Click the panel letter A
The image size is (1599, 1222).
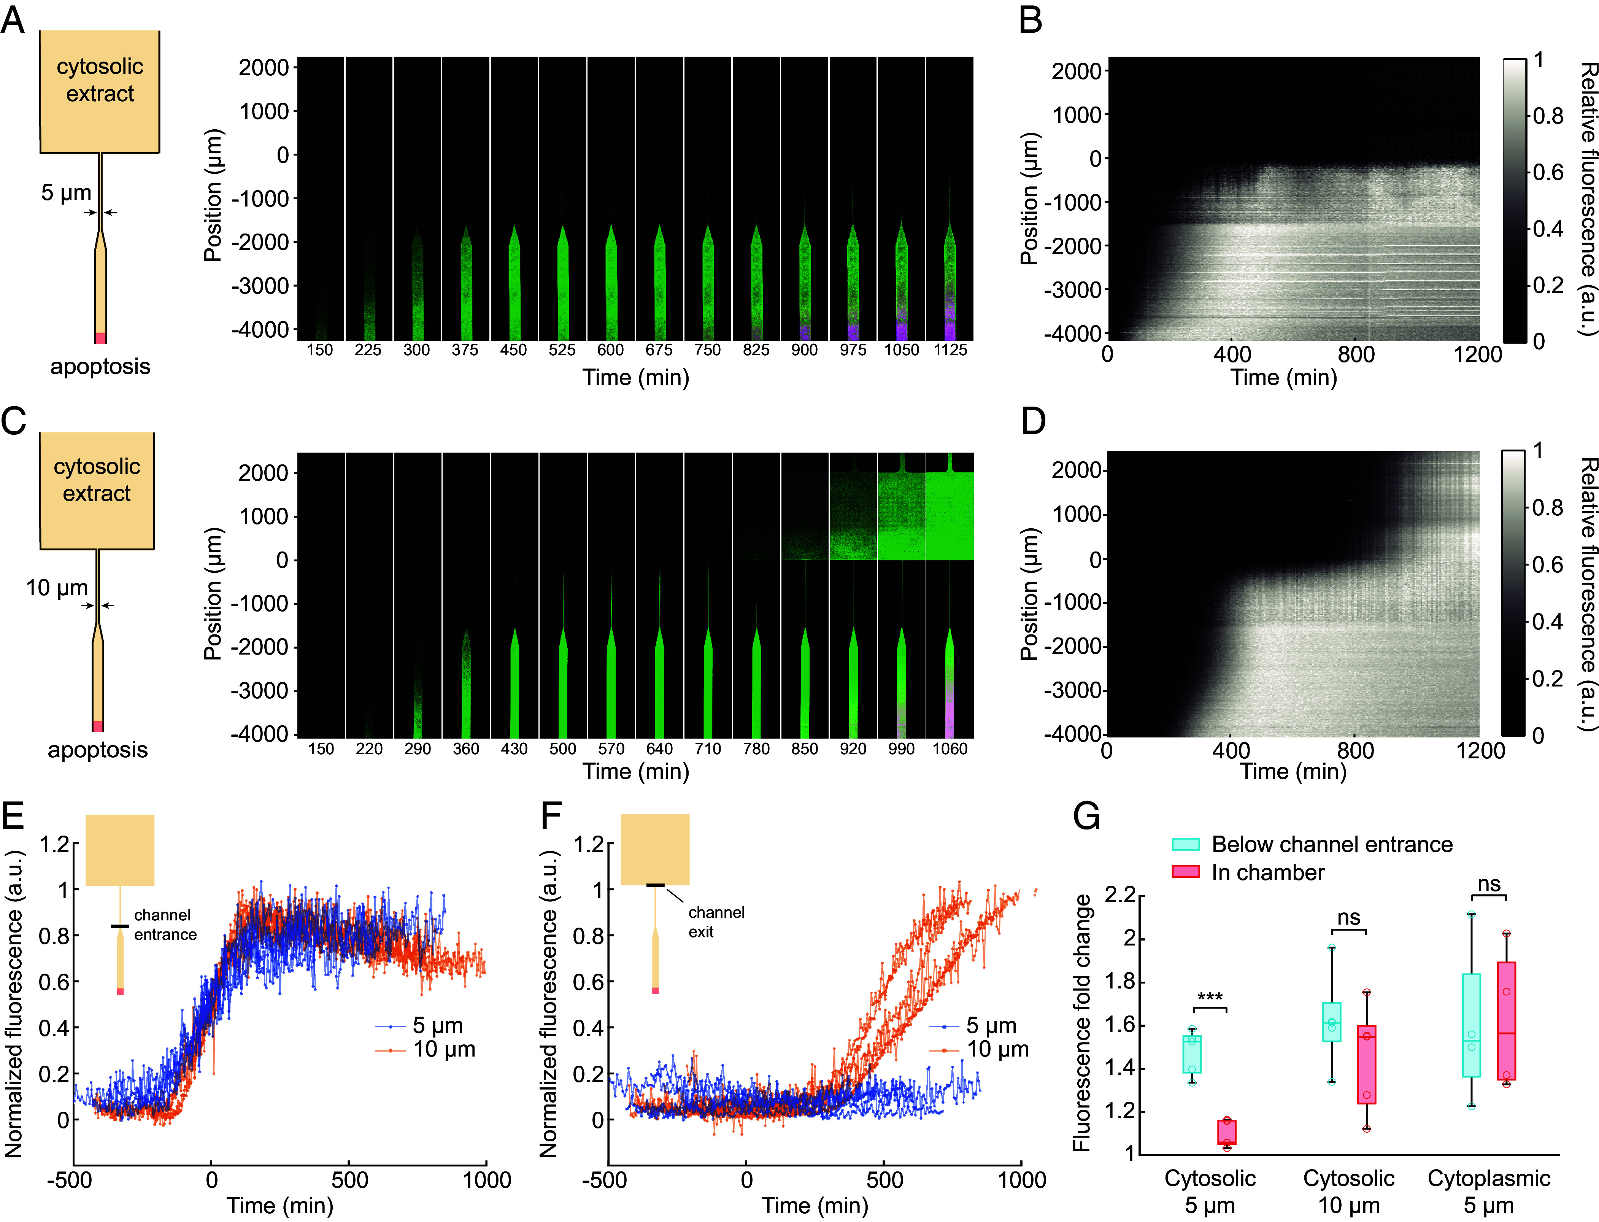click(x=13, y=21)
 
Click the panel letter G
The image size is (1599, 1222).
click(x=1086, y=816)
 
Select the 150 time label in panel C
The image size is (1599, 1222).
click(x=321, y=748)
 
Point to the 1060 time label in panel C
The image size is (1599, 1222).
click(x=950, y=748)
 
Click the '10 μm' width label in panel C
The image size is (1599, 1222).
click(x=57, y=588)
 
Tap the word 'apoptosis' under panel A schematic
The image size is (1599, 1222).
click(x=100, y=367)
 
